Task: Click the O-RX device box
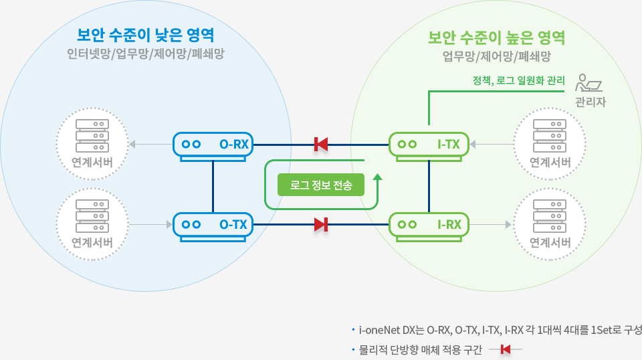213,144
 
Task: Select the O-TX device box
213,225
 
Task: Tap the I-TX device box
429,144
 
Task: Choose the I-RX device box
429,225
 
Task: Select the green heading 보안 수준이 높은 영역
496,36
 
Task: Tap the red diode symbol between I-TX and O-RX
320,144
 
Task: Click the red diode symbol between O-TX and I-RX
321,225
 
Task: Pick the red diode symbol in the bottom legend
506,349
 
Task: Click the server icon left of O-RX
92,134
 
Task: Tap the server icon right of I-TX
550,134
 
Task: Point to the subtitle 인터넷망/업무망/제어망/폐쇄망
146,54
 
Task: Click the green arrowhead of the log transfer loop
377,177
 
